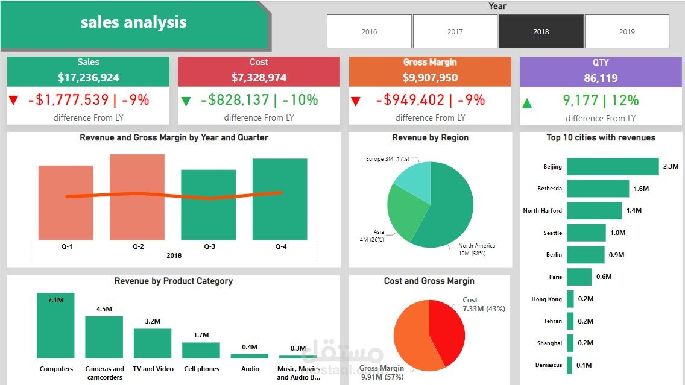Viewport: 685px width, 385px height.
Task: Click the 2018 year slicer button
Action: click(541, 31)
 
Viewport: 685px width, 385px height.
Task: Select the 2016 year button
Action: click(369, 31)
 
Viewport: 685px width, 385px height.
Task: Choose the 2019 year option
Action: click(627, 31)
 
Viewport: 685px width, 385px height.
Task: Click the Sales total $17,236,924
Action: click(89, 78)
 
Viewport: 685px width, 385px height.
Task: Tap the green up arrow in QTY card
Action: click(527, 103)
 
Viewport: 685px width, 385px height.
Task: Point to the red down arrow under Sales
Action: click(13, 101)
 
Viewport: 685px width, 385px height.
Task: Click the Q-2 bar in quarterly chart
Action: click(137, 197)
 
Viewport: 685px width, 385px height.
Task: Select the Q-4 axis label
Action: click(281, 246)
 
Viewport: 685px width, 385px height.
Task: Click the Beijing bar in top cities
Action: click(613, 166)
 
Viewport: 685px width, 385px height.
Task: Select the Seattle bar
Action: click(586, 233)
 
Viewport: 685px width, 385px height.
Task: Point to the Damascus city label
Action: click(549, 365)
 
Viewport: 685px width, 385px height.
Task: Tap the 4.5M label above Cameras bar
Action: click(104, 309)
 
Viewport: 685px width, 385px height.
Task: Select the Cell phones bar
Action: click(201, 350)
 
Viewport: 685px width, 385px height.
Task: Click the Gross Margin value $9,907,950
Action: click(430, 78)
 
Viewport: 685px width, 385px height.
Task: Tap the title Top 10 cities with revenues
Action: click(601, 137)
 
